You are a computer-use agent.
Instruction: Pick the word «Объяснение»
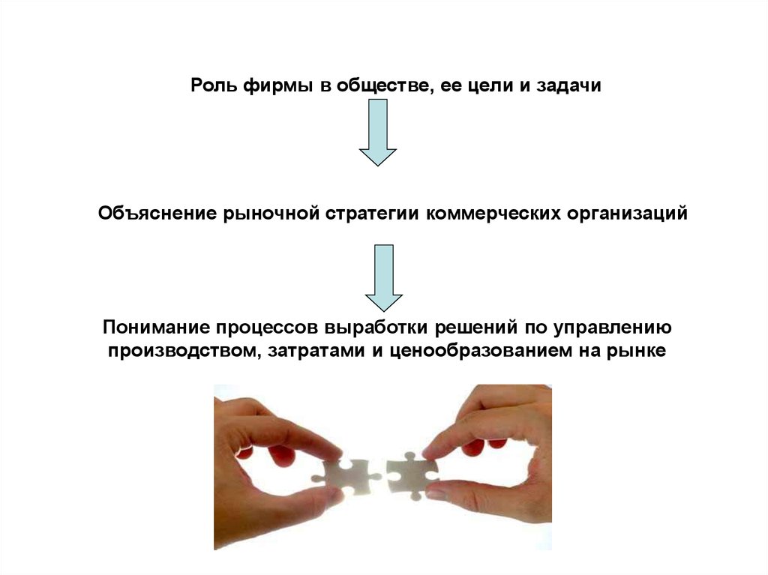click(157, 214)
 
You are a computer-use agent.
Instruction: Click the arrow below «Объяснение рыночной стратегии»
click(383, 277)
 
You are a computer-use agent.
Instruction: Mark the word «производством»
click(178, 351)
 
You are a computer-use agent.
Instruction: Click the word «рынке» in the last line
click(637, 351)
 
